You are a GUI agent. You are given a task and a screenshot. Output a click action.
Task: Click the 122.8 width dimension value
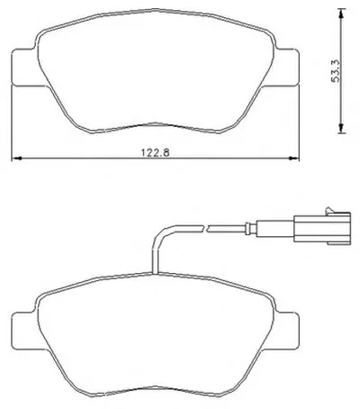156,152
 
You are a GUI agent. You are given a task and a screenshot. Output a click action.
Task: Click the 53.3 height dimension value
336,71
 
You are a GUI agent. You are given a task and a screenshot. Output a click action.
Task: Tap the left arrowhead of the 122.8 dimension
15,159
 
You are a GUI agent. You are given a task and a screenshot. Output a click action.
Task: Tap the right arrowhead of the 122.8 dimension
293,159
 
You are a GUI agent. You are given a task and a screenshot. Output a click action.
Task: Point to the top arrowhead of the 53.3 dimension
341,14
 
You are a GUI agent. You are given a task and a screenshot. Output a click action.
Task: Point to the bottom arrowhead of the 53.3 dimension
341,128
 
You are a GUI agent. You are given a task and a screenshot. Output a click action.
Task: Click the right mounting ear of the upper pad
286,68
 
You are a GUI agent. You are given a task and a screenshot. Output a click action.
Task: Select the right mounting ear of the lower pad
286,331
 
